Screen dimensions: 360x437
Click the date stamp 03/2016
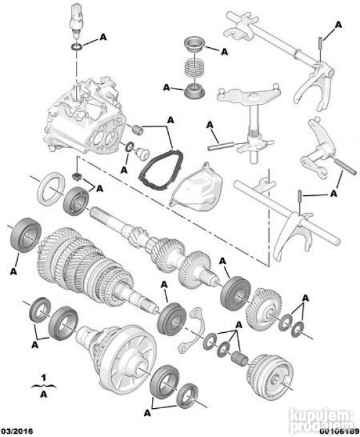pos(16,431)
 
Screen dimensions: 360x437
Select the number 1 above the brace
pos(43,378)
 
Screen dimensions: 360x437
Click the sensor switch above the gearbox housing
pos(75,20)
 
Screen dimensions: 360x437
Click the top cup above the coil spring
pos(194,44)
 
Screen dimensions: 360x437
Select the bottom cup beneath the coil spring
pos(194,91)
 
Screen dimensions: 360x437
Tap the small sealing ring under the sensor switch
pos(77,47)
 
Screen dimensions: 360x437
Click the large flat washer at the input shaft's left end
pos(50,189)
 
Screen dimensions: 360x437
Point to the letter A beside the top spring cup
pos(224,52)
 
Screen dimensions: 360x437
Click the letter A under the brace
pos(44,394)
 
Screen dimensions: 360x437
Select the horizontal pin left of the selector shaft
pos(221,146)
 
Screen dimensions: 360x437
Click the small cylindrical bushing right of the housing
pos(137,130)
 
